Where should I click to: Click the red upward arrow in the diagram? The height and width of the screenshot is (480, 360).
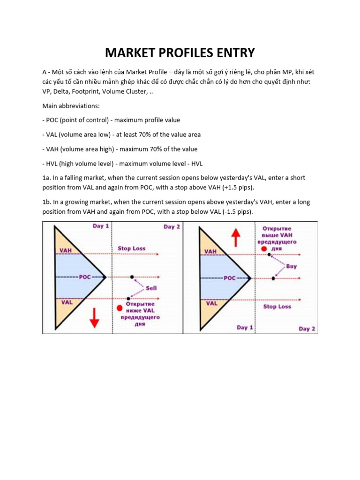(236, 238)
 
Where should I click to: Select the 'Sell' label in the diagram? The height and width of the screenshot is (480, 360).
(151, 288)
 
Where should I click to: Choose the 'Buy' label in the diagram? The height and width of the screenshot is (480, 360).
(291, 266)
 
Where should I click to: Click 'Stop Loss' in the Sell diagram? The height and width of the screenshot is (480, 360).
(131, 248)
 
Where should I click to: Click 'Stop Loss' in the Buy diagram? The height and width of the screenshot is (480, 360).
(277, 306)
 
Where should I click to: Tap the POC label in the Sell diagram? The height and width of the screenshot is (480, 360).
(85, 277)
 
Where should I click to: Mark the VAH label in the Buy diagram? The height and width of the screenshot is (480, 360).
(210, 251)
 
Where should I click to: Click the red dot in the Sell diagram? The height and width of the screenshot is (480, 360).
(120, 308)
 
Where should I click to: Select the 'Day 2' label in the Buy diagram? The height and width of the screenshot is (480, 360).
(307, 329)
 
